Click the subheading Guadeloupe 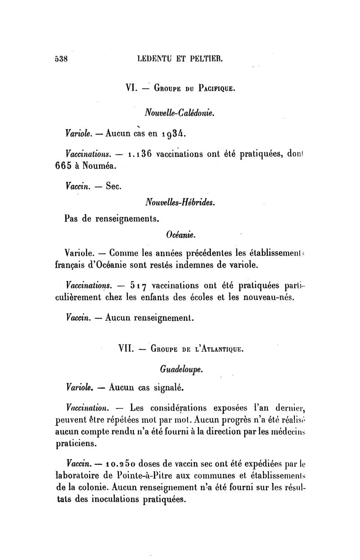(x=181, y=369)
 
